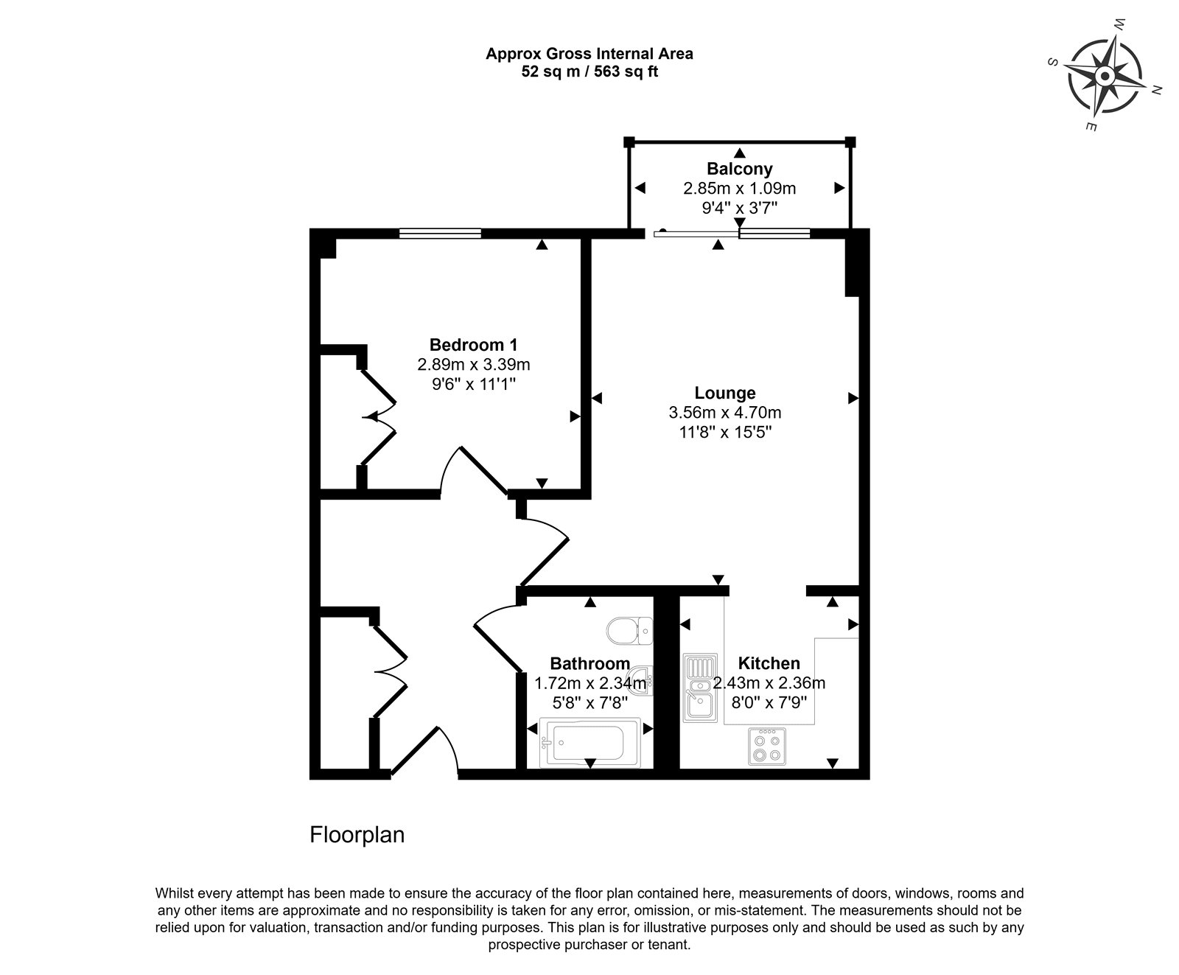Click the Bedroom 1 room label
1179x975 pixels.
tap(474, 345)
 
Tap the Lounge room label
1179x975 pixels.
tap(725, 394)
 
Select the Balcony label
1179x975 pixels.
tap(740, 169)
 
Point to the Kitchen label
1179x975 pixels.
tap(769, 663)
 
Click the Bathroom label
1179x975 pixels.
tap(590, 663)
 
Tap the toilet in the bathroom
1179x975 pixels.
tap(630, 631)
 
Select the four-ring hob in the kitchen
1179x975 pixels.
tap(768, 745)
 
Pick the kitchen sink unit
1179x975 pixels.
tap(697, 688)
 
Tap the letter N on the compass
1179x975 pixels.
tap(1157, 91)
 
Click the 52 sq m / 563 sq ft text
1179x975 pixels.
tap(589, 72)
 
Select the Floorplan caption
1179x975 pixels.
tap(357, 835)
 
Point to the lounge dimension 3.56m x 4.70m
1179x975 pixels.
tap(725, 413)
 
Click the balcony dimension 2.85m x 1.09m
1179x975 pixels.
tap(740, 188)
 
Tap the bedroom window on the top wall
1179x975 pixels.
tap(440, 233)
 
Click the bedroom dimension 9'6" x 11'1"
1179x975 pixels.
tap(474, 383)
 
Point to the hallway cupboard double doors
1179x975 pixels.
tap(388, 671)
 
